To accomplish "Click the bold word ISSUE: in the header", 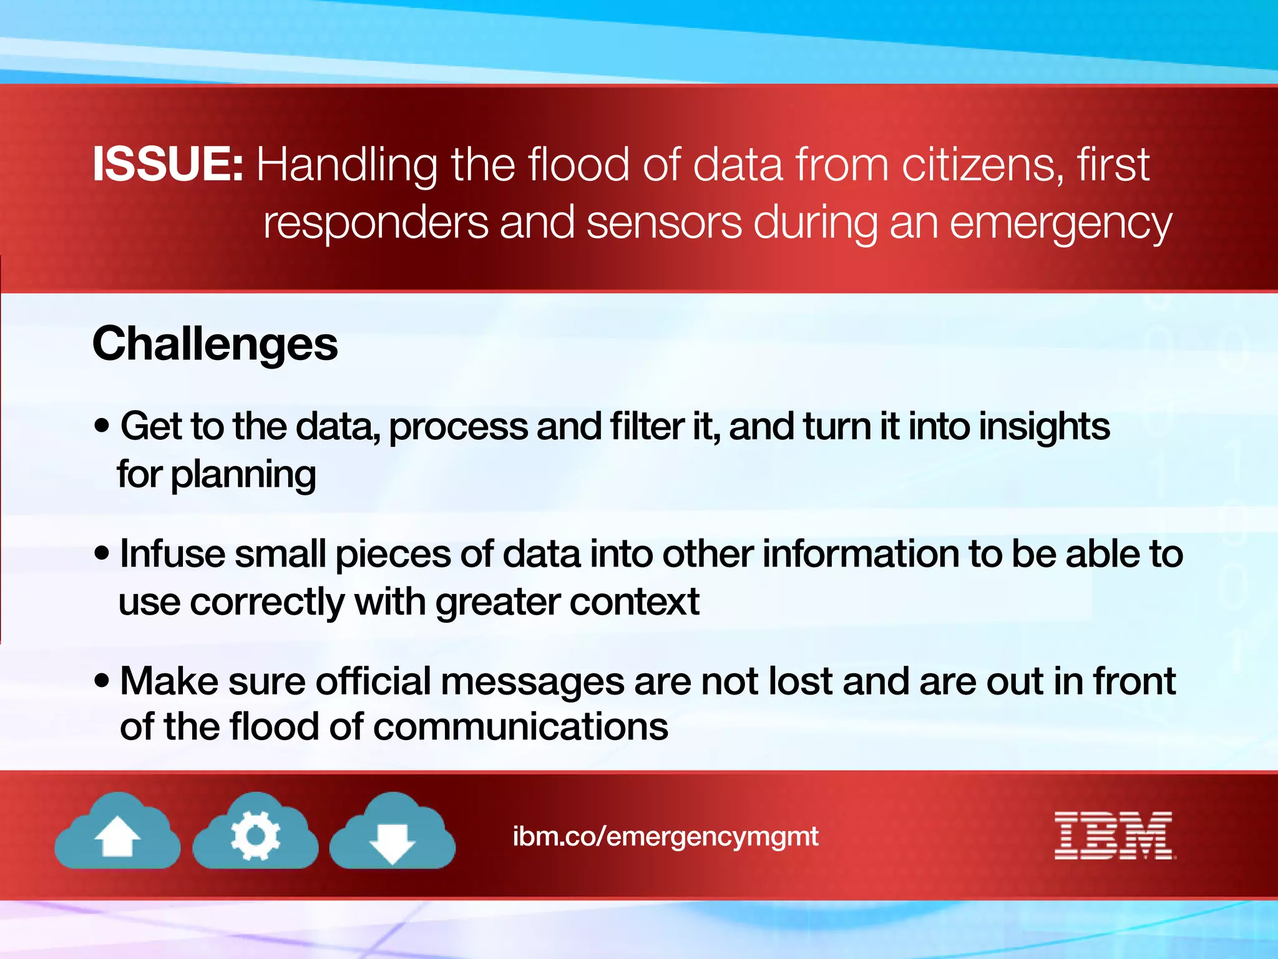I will pos(167,164).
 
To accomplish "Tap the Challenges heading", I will pos(215,344).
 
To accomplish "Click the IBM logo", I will pos(1115,835).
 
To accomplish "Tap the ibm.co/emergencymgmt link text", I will pos(665,836).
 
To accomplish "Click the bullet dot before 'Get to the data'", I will pos(102,427).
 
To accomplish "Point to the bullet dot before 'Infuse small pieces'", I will pos(102,553).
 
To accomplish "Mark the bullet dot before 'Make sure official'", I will pos(102,681).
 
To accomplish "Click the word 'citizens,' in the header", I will pos(974,165).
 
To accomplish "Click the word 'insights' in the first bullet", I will pos(1044,427).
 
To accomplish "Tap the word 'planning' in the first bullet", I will pos(243,475).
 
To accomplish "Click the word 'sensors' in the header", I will pos(664,223).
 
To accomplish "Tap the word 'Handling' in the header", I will pos(347,166).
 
